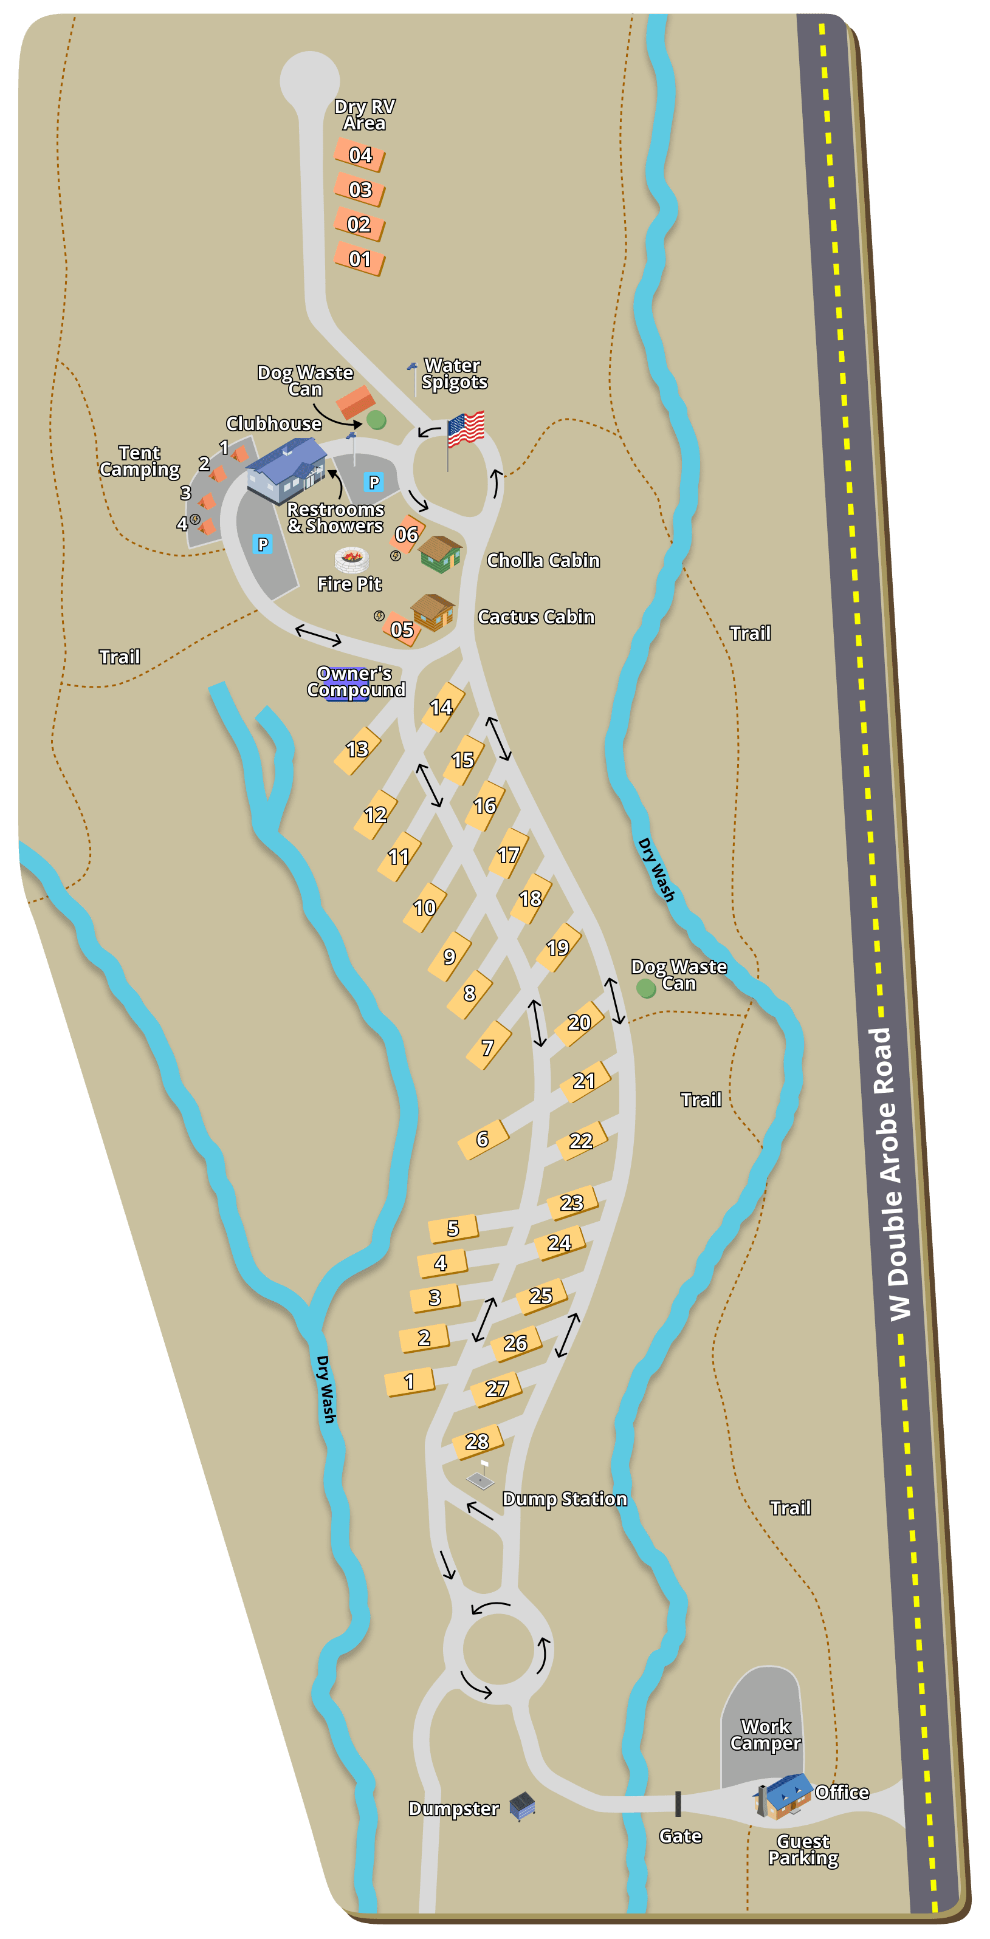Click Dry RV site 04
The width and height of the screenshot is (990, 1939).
pyautogui.click(x=360, y=155)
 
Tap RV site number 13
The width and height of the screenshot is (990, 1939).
pyautogui.click(x=357, y=750)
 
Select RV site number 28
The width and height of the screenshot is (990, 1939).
pyautogui.click(x=477, y=1441)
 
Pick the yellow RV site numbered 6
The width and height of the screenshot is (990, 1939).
pyautogui.click(x=483, y=1140)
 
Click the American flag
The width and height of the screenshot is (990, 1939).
pyautogui.click(x=466, y=429)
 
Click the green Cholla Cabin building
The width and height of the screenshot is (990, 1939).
pyautogui.click(x=439, y=553)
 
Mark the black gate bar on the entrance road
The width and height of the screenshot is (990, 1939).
pyautogui.click(x=678, y=1804)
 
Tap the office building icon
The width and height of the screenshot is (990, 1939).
pyautogui.click(x=783, y=1794)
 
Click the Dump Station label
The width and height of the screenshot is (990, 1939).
pyautogui.click(x=565, y=1499)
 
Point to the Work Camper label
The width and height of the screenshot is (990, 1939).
pyautogui.click(x=765, y=1735)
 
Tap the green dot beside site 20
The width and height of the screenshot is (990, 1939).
pyautogui.click(x=646, y=988)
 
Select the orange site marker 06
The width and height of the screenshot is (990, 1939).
pyautogui.click(x=407, y=534)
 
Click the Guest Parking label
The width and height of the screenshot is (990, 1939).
pyautogui.click(x=803, y=1850)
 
